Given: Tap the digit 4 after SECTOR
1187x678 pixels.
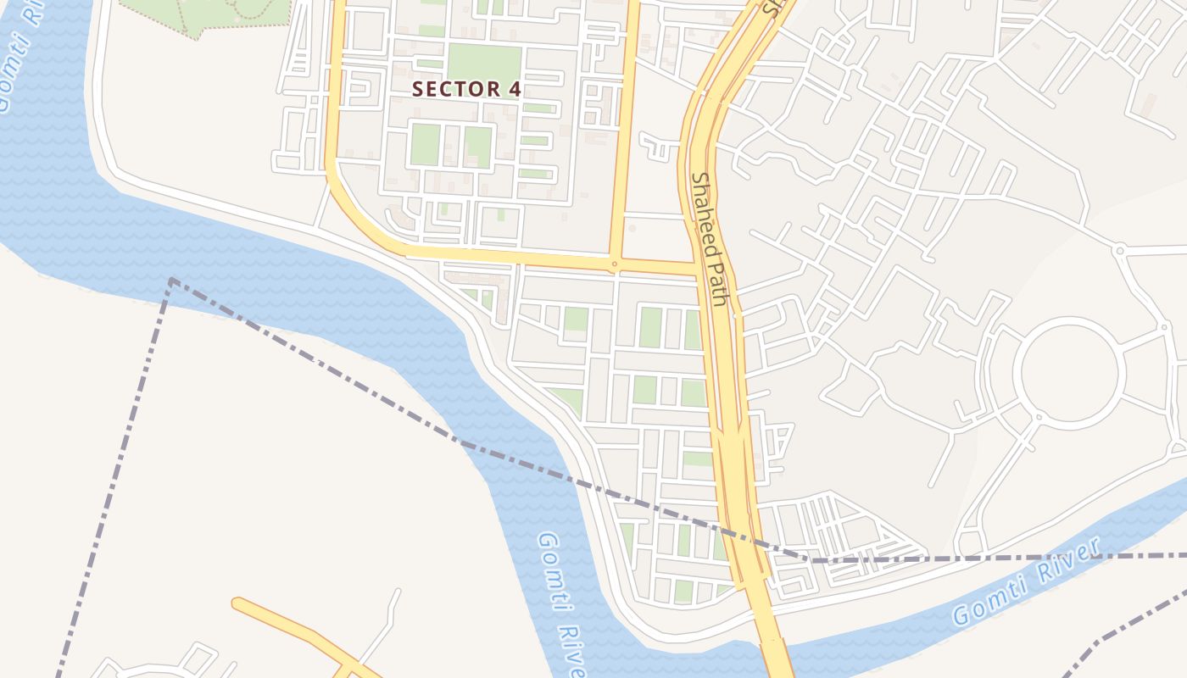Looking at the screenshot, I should point(515,89).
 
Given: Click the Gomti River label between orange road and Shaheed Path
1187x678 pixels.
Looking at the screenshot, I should point(562,603).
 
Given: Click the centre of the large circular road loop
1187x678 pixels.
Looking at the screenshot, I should point(1069,373).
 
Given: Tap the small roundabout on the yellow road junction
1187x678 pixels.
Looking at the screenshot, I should point(615,264).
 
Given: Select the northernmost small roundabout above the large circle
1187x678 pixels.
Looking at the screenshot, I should point(1119,250).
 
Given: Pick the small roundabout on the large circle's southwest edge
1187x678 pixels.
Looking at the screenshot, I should point(1039,417).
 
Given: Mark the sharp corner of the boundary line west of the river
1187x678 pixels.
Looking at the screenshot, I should point(172,280).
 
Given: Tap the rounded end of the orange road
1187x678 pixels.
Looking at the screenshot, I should point(238,603).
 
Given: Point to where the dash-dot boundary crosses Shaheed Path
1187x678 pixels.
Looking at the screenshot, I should point(736,536).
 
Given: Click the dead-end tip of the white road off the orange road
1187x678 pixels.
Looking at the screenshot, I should point(396,591).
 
